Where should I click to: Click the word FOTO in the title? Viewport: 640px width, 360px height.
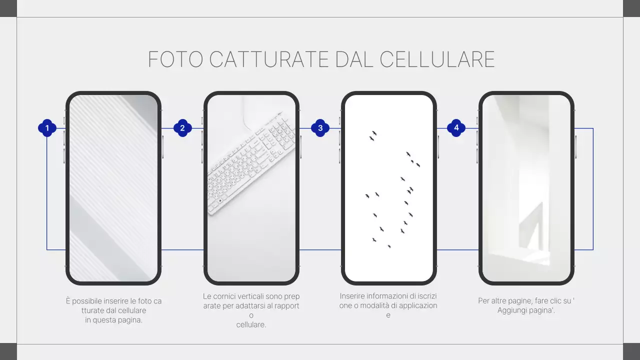click(175, 59)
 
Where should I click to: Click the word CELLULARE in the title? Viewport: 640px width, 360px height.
click(437, 59)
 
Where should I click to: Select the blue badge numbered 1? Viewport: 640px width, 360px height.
click(47, 128)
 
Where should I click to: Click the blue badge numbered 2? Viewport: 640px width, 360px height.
click(182, 128)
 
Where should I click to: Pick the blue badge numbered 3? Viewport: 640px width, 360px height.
click(320, 128)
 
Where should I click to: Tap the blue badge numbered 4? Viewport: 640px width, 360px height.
click(456, 128)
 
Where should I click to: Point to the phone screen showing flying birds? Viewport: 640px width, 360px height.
click(388, 188)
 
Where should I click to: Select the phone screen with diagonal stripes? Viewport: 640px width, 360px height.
click(113, 188)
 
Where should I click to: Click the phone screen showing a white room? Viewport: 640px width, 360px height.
click(526, 188)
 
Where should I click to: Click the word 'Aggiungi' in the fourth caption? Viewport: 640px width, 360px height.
click(512, 310)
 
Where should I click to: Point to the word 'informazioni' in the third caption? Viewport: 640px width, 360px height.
click(387, 296)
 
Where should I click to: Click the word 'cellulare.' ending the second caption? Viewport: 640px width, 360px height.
click(251, 324)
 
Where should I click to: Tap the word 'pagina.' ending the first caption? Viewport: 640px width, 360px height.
click(130, 320)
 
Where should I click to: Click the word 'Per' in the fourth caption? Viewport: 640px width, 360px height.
click(483, 301)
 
